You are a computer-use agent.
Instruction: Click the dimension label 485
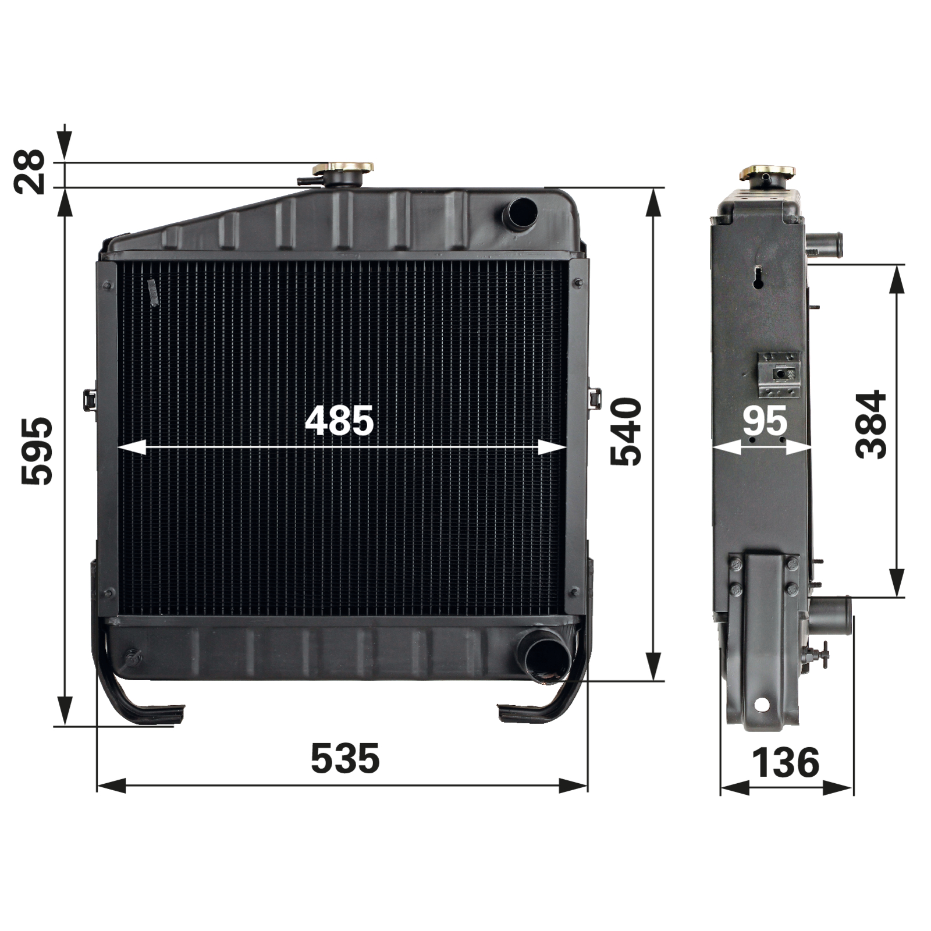pos(339,421)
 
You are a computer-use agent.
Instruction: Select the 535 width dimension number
pos(345,758)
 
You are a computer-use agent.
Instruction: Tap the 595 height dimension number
pos(36,450)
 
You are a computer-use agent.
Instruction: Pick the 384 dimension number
pos(870,425)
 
